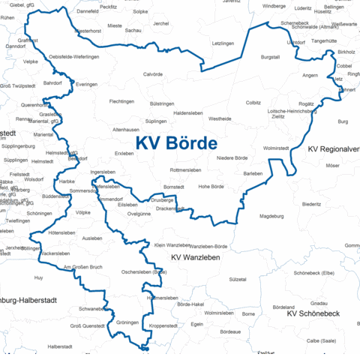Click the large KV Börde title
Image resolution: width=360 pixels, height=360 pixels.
(176, 142)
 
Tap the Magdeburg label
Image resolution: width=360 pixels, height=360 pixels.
(271, 217)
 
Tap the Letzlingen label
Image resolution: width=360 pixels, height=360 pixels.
(223, 43)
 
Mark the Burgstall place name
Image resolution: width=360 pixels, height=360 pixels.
(270, 57)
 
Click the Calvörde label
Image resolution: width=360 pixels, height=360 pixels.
(153, 74)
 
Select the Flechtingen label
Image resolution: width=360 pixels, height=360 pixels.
(122, 101)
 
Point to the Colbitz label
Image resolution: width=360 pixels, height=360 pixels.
(253, 102)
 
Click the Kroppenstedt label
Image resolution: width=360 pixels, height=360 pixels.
(163, 325)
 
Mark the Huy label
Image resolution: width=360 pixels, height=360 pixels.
(39, 277)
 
